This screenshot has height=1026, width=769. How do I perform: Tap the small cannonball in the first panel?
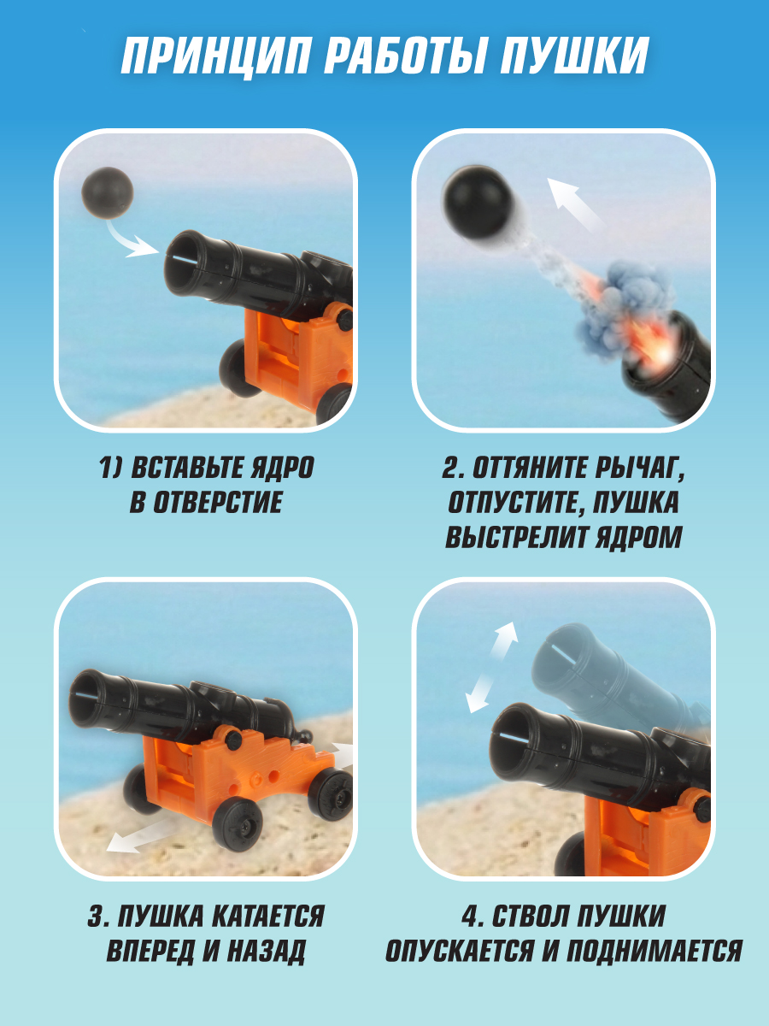pos(108,192)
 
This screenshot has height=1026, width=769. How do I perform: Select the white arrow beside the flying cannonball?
pos(577,203)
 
